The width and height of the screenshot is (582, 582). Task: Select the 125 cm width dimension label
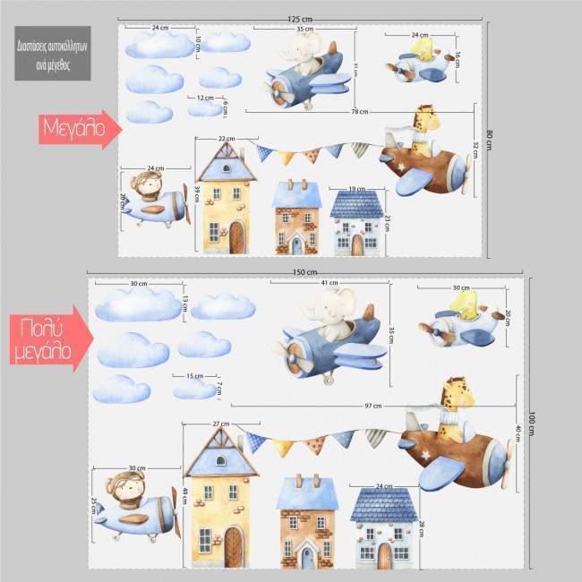pos(301,18)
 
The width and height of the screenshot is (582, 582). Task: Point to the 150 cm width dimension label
pos(304,271)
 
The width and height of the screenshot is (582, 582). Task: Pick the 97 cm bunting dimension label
pos(372,406)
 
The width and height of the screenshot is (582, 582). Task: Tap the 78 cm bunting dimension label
pos(360,112)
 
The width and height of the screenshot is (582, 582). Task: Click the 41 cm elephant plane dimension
pos(330,283)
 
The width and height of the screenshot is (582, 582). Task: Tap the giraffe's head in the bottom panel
pos(454,392)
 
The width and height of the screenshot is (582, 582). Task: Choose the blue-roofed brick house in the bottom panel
pos(307,524)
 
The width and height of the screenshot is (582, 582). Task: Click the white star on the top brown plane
pos(400,167)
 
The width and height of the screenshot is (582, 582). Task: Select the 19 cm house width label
pos(356,189)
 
